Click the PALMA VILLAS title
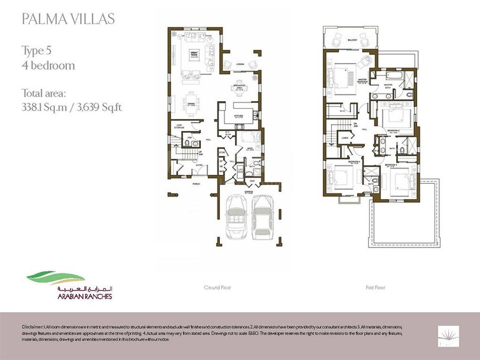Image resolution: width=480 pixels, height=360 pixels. point(68,18)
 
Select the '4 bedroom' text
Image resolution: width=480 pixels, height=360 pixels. point(48,66)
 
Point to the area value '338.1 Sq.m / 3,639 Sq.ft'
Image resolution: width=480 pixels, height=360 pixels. point(71,106)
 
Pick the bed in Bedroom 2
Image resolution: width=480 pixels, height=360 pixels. point(395,117)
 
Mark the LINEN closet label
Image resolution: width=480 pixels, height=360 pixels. point(345,137)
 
